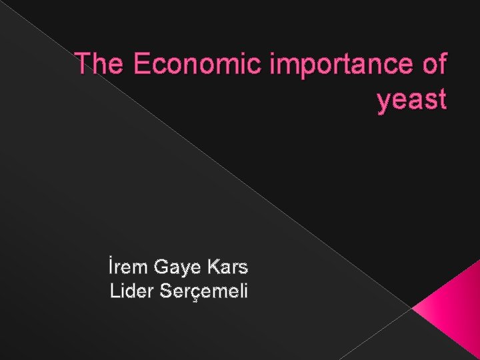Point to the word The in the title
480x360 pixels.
pos(99,65)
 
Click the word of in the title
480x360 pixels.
pos(433,65)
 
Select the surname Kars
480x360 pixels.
pos(228,268)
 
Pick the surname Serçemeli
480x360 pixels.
pos(203,291)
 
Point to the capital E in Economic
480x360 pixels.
pos(141,65)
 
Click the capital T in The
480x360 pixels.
pos(83,65)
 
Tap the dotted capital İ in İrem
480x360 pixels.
pos(111,267)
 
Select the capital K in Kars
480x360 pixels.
pos(214,268)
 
